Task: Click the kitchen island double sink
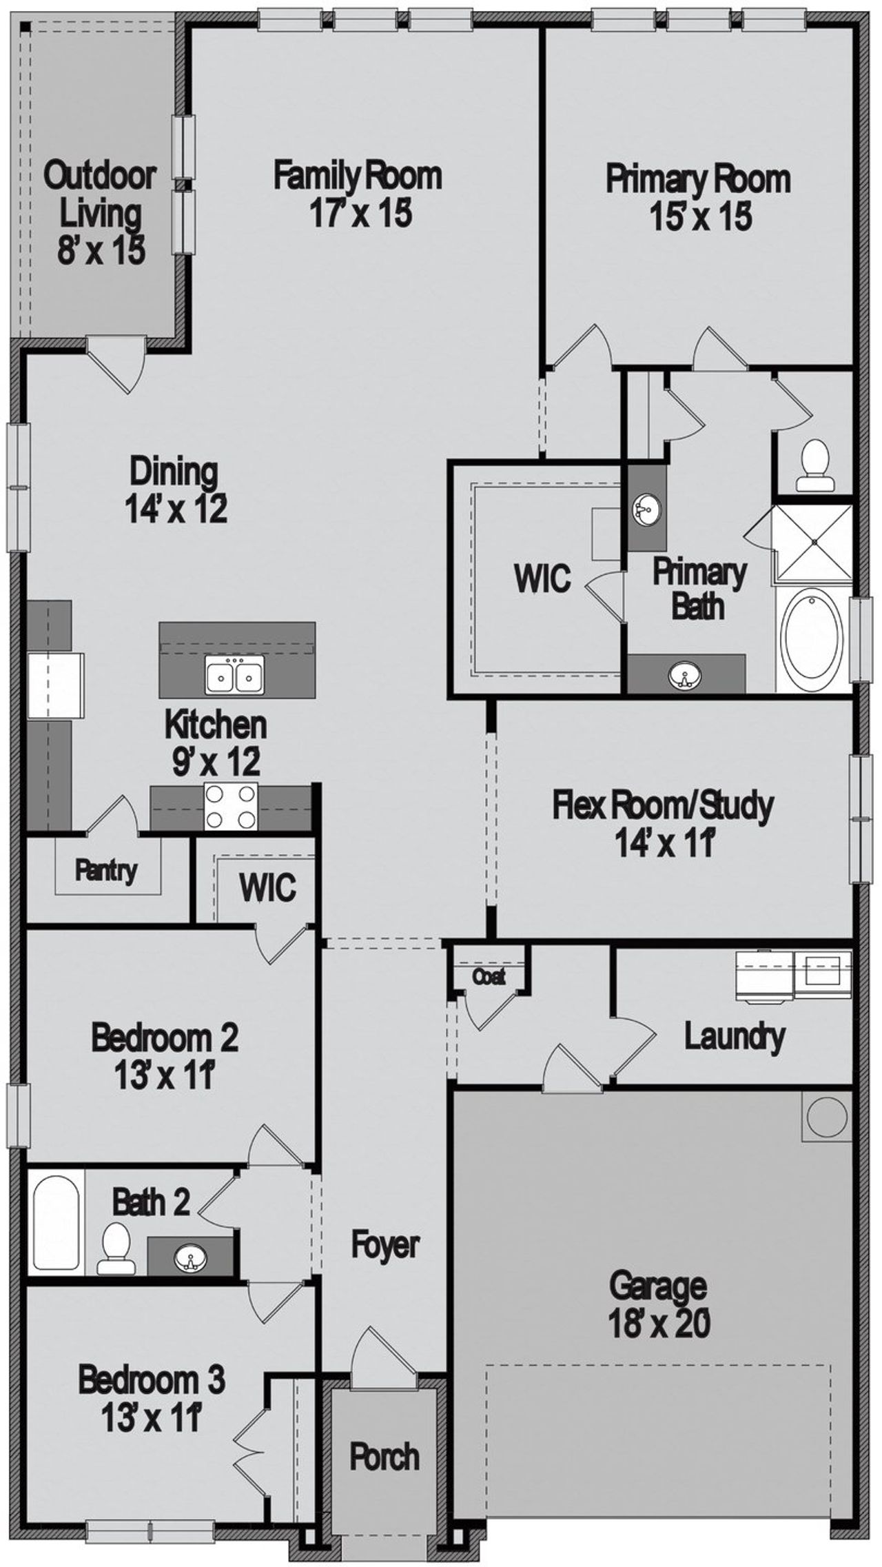(x=234, y=674)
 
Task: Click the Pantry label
(x=105, y=871)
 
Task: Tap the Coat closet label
(x=489, y=976)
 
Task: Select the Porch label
(x=384, y=1457)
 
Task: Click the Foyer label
(x=385, y=1245)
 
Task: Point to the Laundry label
(x=735, y=1036)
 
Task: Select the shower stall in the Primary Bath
(x=814, y=543)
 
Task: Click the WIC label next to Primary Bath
(x=542, y=578)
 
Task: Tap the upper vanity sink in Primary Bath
(x=646, y=511)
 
